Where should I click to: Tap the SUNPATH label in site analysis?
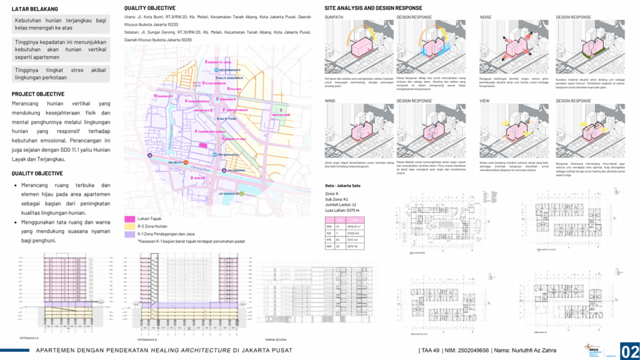point(336,17)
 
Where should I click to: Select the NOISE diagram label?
point(486,17)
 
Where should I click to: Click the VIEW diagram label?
point(485,100)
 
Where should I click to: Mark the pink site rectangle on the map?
point(203,144)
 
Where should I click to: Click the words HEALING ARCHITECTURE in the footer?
point(187,349)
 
